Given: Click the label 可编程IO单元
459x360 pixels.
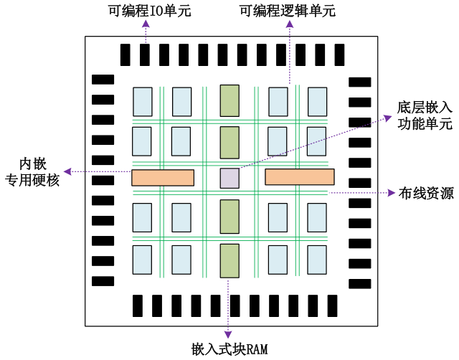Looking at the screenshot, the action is [150, 11].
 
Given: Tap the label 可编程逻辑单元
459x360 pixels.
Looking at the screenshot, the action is [288, 11].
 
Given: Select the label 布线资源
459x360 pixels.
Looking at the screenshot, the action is [426, 193].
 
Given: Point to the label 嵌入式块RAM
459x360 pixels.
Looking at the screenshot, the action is [229, 349].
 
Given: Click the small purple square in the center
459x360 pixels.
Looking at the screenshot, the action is [229, 178].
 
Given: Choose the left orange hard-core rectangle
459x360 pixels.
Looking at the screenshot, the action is [163, 178].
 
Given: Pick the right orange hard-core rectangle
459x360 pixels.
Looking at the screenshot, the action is [300, 177].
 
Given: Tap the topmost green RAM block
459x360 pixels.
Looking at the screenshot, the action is [229, 100].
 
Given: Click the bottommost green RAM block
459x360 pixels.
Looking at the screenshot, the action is [229, 261].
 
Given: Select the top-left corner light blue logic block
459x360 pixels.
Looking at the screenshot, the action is [143, 102].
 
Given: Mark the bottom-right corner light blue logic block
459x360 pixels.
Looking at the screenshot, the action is [317, 260].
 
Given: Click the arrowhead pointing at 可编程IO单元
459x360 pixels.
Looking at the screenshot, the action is [146, 24].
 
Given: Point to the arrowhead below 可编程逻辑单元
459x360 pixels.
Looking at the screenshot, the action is [290, 24].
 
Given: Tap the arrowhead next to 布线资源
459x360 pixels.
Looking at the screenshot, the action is [392, 193].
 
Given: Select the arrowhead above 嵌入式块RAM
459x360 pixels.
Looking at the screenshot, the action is [228, 334].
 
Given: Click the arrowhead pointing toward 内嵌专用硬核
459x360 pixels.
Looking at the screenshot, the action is [67, 171].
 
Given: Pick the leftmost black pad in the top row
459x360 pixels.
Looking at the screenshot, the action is [126, 55].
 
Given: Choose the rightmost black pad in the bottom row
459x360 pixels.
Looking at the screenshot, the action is [332, 305].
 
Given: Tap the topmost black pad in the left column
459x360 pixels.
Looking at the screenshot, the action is [103, 80].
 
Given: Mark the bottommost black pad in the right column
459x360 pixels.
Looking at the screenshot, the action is [360, 283].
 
